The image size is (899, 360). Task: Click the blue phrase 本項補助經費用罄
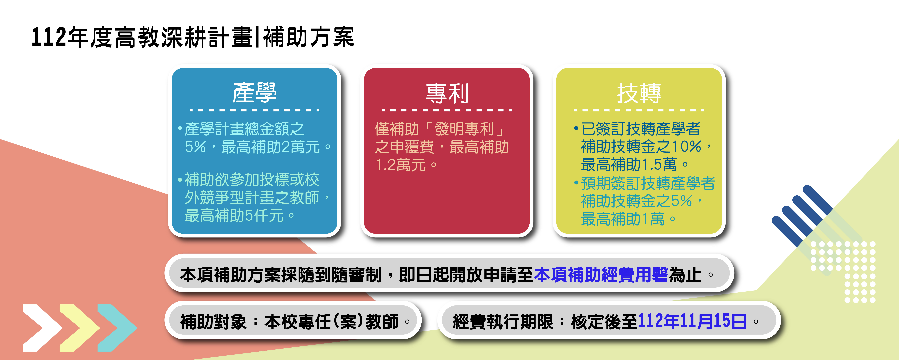point(601,275)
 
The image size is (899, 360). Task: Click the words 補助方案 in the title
point(309,37)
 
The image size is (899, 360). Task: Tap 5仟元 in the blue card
point(264,215)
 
